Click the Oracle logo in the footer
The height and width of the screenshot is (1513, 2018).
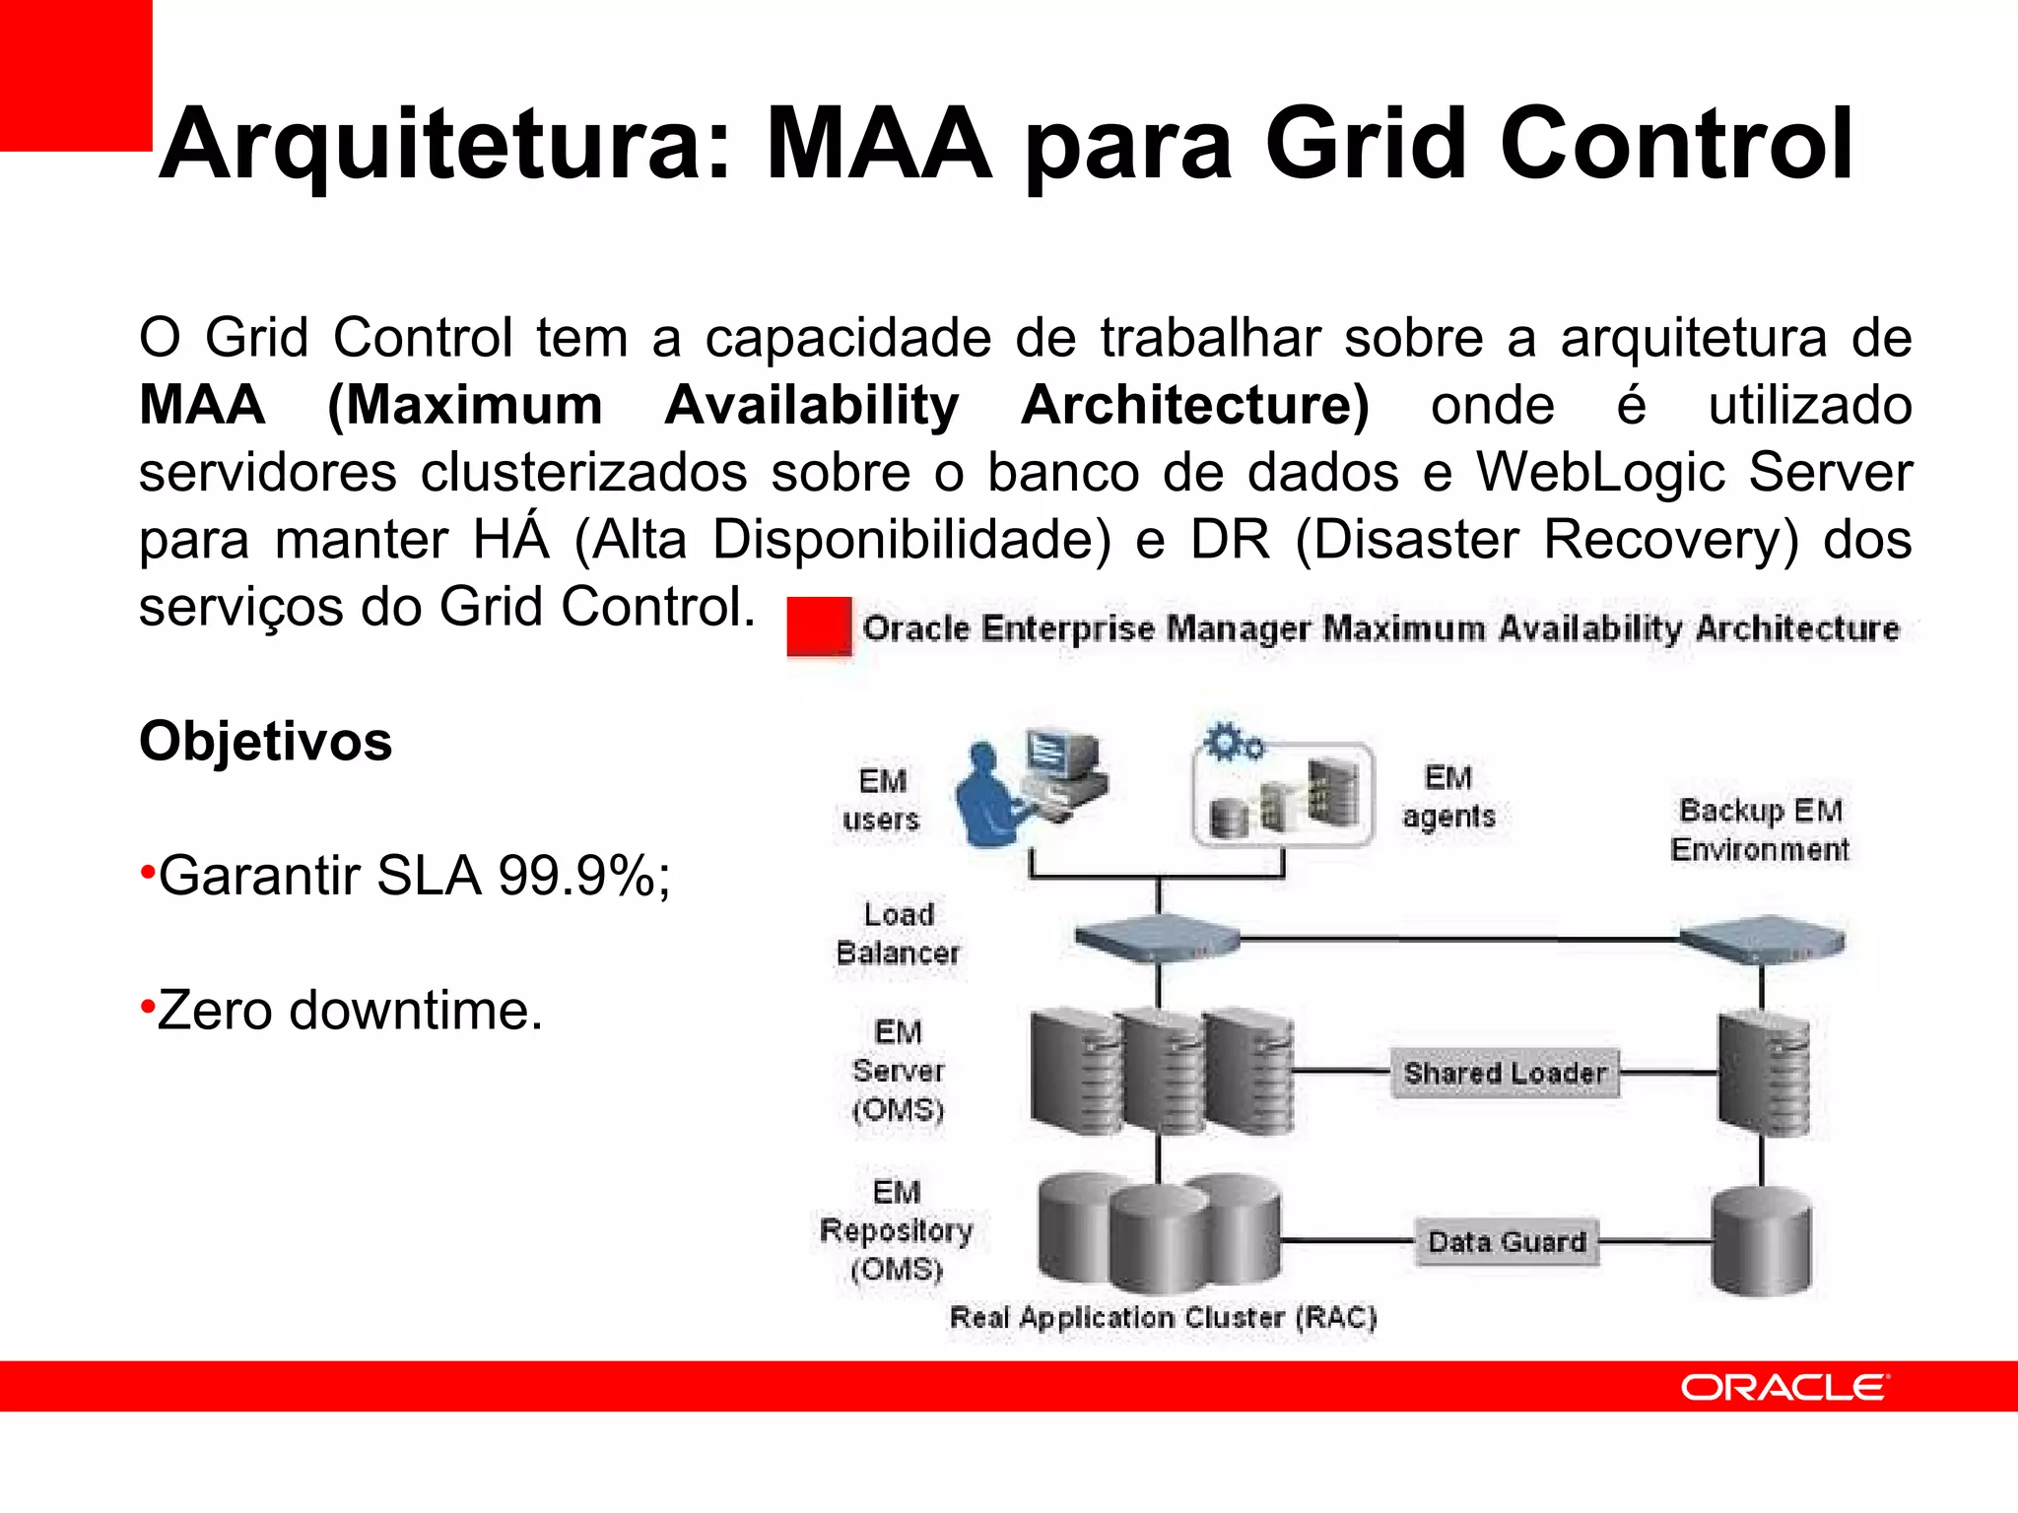pyautogui.click(x=1783, y=1387)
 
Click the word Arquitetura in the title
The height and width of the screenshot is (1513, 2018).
pyautogui.click(x=443, y=146)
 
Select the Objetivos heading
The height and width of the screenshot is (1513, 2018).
pyautogui.click(x=265, y=741)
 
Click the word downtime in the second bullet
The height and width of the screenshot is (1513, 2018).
pyautogui.click(x=415, y=1011)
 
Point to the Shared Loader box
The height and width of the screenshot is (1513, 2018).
pyautogui.click(x=1505, y=1073)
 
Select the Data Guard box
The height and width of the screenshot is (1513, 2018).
pyautogui.click(x=1507, y=1241)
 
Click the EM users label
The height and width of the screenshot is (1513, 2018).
pyautogui.click(x=881, y=800)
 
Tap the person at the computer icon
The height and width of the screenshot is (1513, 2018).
pyautogui.click(x=1030, y=788)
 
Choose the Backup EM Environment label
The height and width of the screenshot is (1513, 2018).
pyautogui.click(x=1760, y=829)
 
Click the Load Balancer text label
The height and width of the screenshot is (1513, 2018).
pyautogui.click(x=898, y=933)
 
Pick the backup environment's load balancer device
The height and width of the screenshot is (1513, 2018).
pyautogui.click(x=1763, y=940)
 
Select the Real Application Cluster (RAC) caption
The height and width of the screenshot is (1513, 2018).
pyautogui.click(x=1163, y=1317)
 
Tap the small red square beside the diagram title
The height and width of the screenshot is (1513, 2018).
pyautogui.click(x=818, y=626)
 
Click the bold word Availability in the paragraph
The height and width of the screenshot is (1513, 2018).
pyautogui.click(x=811, y=406)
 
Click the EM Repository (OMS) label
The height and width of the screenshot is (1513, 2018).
pyautogui.click(x=896, y=1230)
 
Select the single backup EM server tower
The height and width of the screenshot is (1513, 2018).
pyautogui.click(x=1764, y=1074)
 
